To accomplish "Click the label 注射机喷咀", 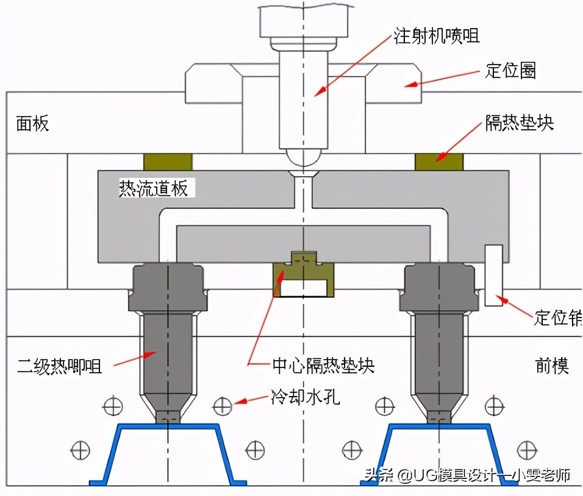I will click(x=436, y=35).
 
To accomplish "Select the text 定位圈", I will click(x=510, y=71).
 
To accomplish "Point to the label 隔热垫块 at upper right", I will click(x=519, y=123).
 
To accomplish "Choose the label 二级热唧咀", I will click(x=59, y=366).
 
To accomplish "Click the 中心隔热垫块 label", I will click(x=323, y=366).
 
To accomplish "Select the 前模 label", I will click(x=552, y=366).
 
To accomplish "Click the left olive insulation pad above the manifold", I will click(x=168, y=161).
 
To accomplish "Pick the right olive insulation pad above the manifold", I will click(x=439, y=161).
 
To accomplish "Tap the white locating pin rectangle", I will click(x=493, y=275).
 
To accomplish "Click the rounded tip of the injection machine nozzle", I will click(x=303, y=157).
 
